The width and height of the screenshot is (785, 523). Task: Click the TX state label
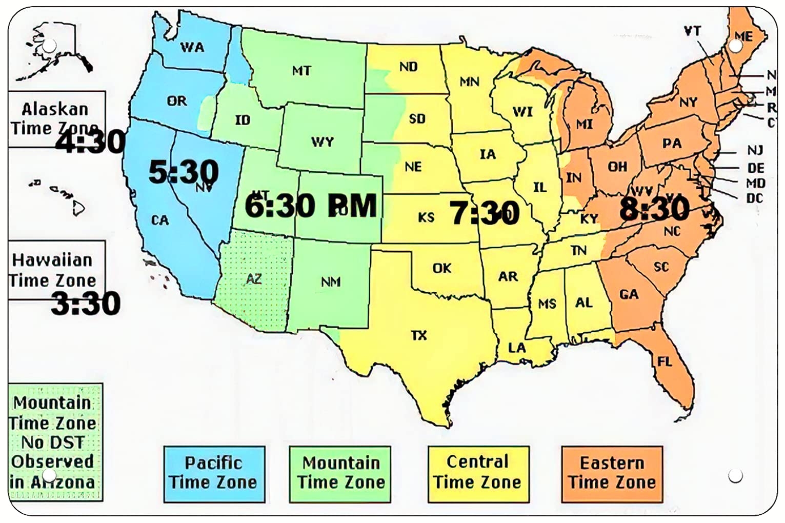pos(419,335)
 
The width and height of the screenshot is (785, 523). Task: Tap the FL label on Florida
pos(665,361)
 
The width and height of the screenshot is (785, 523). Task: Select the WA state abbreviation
pos(192,48)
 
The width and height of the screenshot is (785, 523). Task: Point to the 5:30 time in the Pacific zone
pos(183,172)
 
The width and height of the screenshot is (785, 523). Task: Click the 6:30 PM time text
pos(310,206)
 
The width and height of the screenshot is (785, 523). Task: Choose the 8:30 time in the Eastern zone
pos(654,209)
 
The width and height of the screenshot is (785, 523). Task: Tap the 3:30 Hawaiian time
pos(86,304)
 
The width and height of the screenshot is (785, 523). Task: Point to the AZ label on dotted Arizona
pos(254,279)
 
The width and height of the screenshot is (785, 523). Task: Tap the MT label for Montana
pos(301,71)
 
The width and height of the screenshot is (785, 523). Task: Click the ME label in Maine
pos(743,36)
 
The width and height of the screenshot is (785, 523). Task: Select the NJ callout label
pos(755,150)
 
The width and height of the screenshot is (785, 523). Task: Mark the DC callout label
pos(755,198)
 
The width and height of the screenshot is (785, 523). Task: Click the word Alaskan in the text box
pos(55,109)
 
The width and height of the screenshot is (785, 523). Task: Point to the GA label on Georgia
pos(629,294)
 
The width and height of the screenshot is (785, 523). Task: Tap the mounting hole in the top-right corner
pos(735,46)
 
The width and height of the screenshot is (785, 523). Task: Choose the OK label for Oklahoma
pos(441,268)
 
